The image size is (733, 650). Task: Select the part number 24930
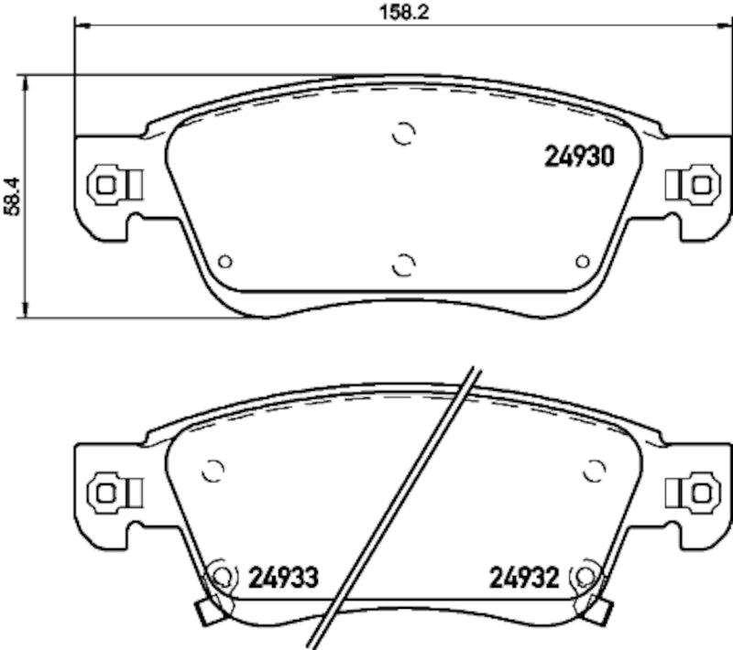pyautogui.click(x=578, y=156)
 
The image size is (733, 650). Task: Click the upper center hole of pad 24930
pyautogui.click(x=403, y=134)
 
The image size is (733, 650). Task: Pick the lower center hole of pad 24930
pyautogui.click(x=403, y=265)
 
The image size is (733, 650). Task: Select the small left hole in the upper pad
pyautogui.click(x=225, y=262)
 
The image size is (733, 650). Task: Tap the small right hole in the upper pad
pyautogui.click(x=581, y=262)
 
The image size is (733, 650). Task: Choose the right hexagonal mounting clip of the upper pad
pyautogui.click(x=701, y=184)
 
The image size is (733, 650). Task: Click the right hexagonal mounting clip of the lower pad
pyautogui.click(x=701, y=492)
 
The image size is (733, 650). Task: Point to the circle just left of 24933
pyautogui.click(x=222, y=576)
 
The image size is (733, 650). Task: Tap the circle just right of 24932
pyautogui.click(x=584, y=576)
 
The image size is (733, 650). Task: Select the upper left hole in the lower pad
pyautogui.click(x=213, y=471)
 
